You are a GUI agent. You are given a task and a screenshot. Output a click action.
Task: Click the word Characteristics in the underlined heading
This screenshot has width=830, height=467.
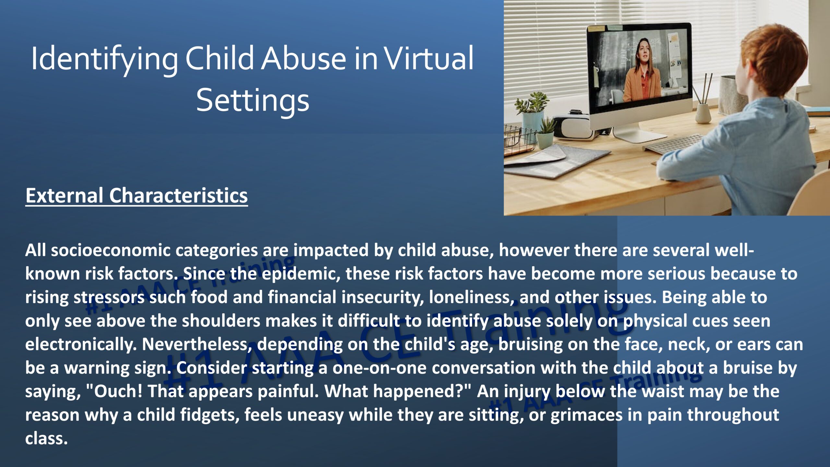178,195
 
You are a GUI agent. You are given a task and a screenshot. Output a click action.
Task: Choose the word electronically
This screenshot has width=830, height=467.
81,344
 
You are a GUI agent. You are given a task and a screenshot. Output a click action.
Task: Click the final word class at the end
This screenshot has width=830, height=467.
46,438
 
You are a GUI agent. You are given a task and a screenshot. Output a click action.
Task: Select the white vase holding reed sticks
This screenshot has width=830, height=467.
704,112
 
